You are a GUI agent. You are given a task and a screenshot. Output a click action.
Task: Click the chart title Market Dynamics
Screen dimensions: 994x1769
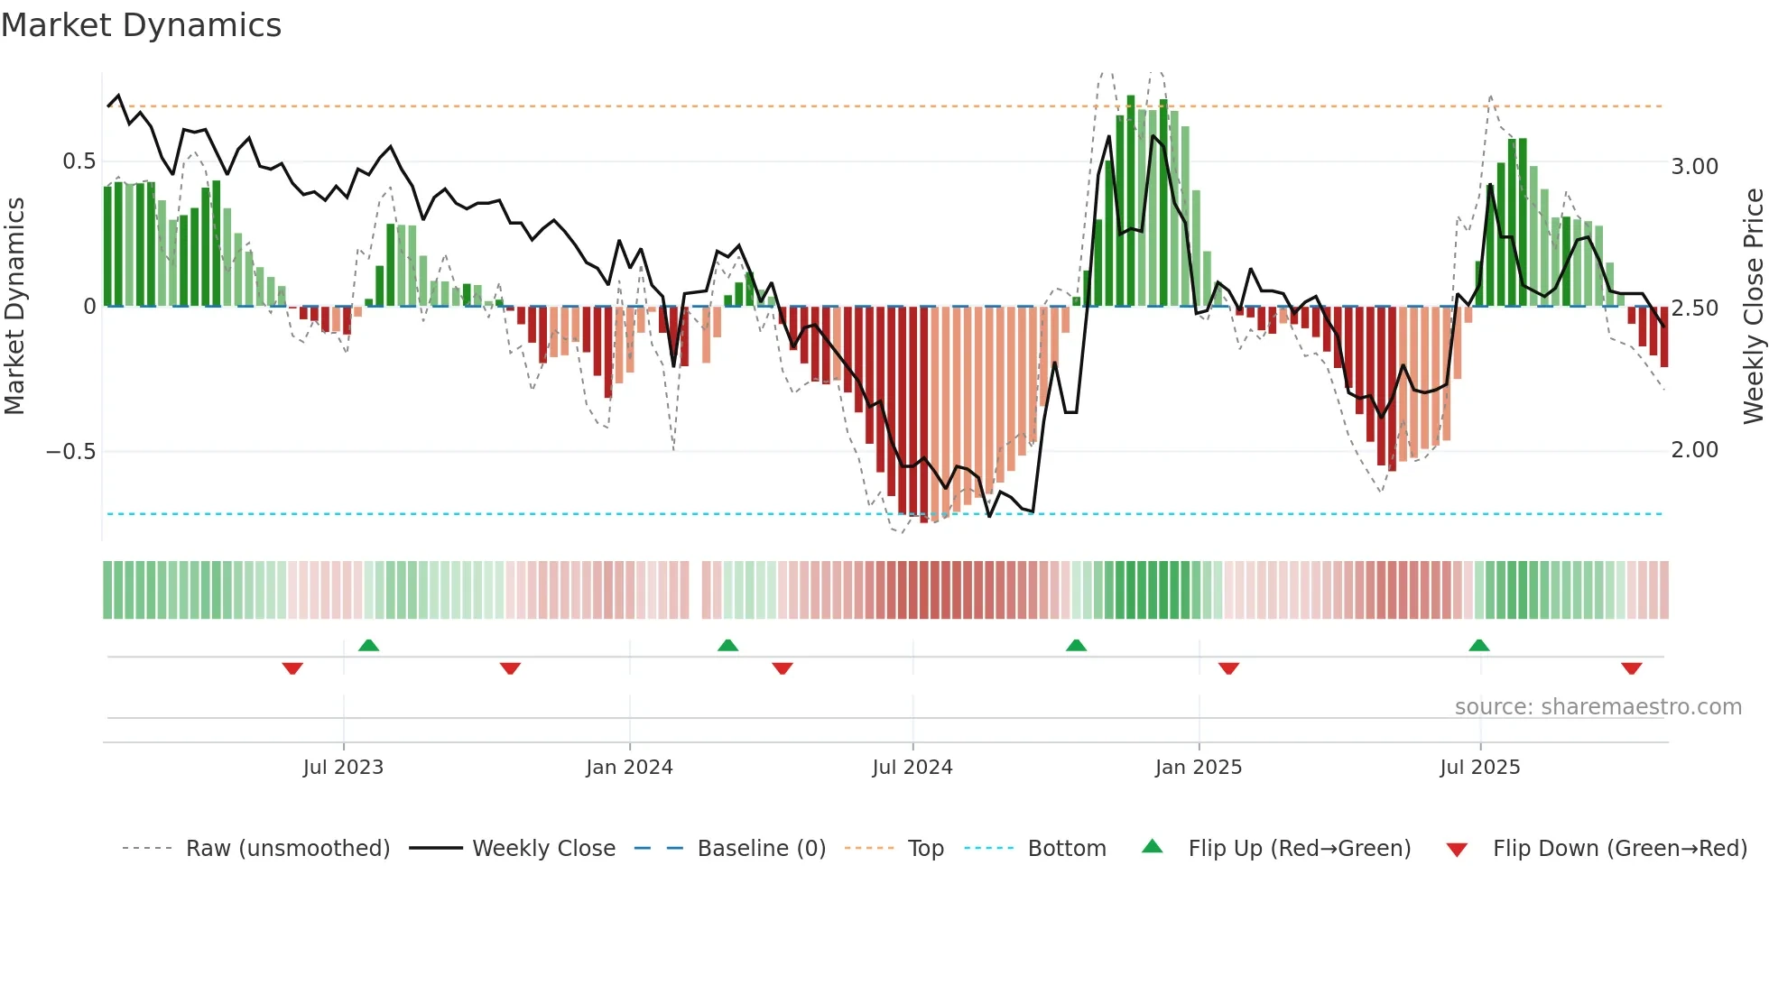pyautogui.click(x=141, y=25)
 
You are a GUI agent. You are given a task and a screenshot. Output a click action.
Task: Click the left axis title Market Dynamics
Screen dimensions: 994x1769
pyautogui.click(x=14, y=307)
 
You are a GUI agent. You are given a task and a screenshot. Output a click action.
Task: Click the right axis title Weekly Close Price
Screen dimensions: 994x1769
pyautogui.click(x=1753, y=307)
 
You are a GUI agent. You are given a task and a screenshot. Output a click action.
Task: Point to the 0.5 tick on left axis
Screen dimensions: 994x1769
pyautogui.click(x=79, y=161)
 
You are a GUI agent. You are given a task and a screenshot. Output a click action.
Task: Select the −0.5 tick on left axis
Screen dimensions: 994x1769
pyautogui.click(x=71, y=451)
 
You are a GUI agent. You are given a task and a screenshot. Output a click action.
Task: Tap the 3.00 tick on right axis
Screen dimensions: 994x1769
pyautogui.click(x=1694, y=167)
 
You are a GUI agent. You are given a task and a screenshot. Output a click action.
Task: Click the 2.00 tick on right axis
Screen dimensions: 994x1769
pyautogui.click(x=1694, y=450)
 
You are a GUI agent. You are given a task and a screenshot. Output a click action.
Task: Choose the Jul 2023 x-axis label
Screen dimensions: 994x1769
pyautogui.click(x=343, y=768)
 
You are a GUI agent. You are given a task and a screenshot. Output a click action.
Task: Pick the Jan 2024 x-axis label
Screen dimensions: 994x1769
pyautogui.click(x=629, y=768)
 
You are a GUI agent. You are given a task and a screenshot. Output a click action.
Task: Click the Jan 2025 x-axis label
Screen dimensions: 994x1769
pyautogui.click(x=1199, y=768)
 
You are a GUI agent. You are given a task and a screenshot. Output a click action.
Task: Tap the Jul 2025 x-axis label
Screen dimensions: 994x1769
pyautogui.click(x=1480, y=768)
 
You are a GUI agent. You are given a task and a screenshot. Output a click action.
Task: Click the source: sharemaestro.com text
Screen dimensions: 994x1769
pyautogui.click(x=1598, y=707)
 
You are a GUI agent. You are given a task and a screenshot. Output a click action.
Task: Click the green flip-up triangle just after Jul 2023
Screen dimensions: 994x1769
pyautogui.click(x=368, y=645)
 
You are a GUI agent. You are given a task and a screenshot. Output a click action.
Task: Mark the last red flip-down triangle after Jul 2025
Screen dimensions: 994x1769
pyautogui.click(x=1631, y=668)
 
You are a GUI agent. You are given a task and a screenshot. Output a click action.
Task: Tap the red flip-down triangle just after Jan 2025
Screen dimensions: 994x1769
pyautogui.click(x=1228, y=668)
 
